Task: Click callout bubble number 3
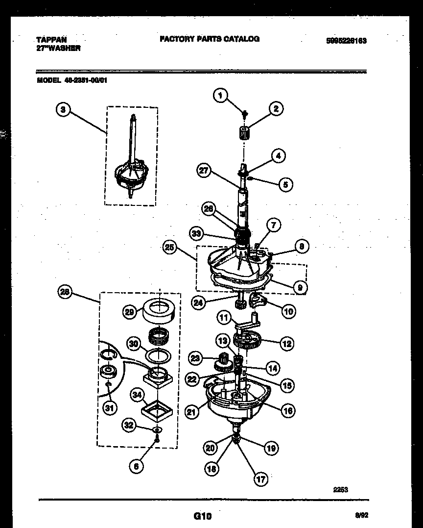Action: (62, 110)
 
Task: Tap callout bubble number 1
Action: (221, 96)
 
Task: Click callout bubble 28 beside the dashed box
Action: (65, 293)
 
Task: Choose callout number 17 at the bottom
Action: (261, 479)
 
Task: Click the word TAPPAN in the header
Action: (51, 39)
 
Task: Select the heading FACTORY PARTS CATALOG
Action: (209, 39)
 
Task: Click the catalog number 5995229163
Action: (346, 41)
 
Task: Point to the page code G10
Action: (202, 516)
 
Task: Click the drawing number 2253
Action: (341, 489)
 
